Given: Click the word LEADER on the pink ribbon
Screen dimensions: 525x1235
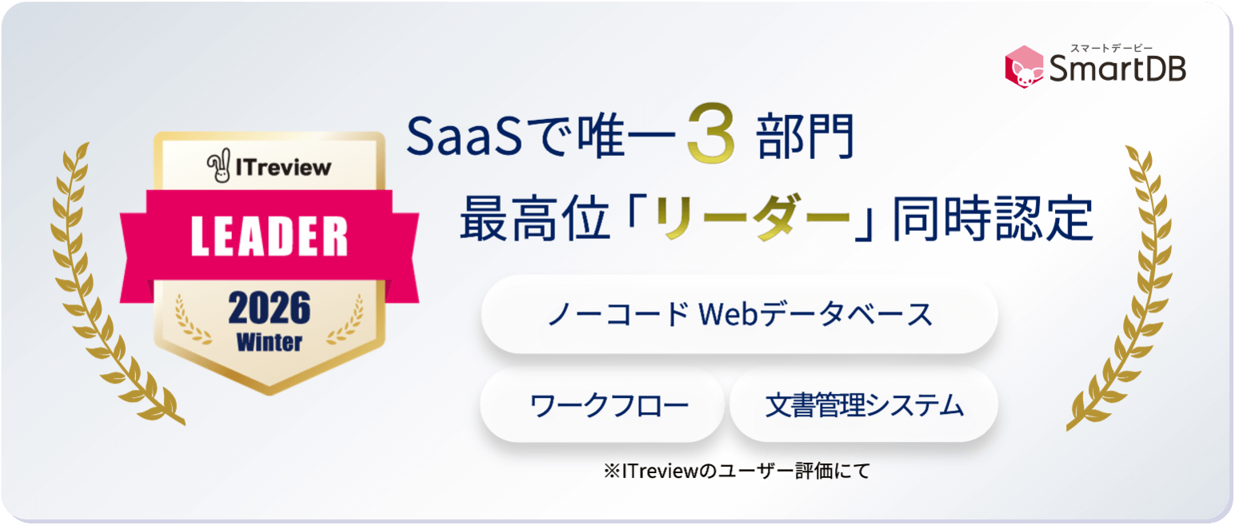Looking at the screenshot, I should click(270, 235).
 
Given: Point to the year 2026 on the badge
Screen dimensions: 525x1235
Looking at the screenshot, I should click(270, 308).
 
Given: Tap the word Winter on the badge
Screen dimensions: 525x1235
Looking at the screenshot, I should click(270, 342).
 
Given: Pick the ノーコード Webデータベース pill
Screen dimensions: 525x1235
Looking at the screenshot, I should click(739, 314).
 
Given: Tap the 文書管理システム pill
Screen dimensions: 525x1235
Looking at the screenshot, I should click(865, 406).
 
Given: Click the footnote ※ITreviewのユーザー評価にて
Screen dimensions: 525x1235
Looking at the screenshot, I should click(736, 471).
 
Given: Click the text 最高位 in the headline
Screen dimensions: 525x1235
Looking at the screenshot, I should click(530, 218).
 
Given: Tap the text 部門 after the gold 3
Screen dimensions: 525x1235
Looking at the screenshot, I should click(804, 137).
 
